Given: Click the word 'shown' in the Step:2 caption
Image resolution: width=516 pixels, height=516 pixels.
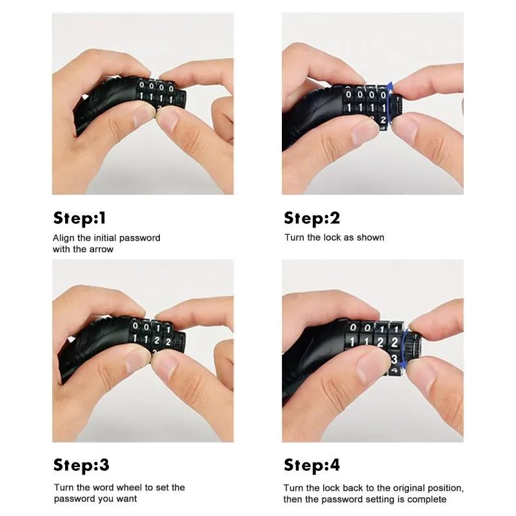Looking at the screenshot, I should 370,237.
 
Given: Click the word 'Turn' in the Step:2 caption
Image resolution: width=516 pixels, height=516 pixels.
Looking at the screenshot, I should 295,237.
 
